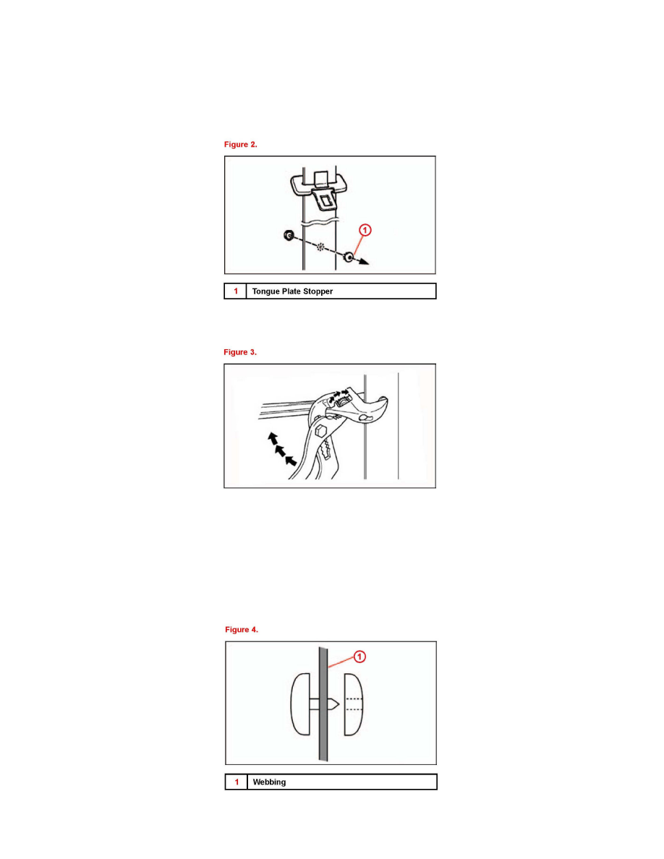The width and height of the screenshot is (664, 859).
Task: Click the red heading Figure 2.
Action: (x=240, y=145)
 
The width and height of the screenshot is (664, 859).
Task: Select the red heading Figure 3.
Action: (x=240, y=352)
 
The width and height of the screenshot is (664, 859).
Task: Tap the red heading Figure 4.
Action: (x=241, y=630)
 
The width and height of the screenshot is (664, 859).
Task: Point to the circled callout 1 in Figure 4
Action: (x=359, y=657)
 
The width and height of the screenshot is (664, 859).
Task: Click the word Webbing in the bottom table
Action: (x=269, y=782)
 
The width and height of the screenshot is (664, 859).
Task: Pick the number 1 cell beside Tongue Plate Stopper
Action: (x=235, y=291)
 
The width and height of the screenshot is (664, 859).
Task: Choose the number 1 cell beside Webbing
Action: (x=236, y=782)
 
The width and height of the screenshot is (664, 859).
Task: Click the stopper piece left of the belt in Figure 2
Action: (x=288, y=235)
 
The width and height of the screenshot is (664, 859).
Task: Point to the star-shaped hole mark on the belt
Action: (x=320, y=246)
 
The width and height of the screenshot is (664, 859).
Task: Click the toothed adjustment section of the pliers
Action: (x=325, y=453)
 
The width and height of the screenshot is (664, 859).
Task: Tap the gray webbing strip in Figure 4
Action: (x=321, y=705)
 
